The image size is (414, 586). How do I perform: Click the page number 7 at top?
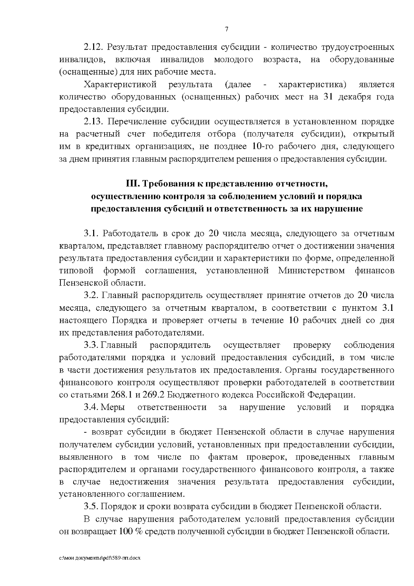tap(227, 29)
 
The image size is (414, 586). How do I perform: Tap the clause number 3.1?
tap(91, 233)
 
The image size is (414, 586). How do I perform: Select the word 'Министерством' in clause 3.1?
tap(311, 271)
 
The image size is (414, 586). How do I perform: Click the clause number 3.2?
tap(91, 296)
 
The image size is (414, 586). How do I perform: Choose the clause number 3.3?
tap(91, 345)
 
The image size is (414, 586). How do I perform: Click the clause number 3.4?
tap(91, 407)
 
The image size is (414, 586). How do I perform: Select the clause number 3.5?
tap(91, 507)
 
